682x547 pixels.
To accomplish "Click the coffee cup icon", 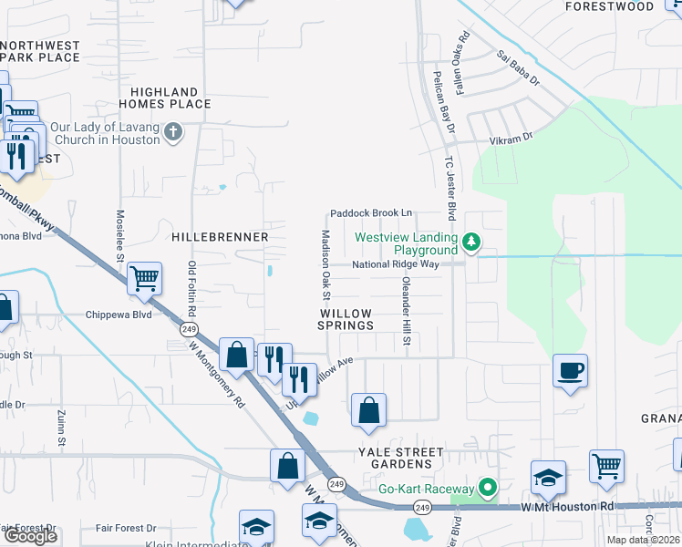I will pos(570,370).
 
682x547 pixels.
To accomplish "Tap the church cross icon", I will pos(172,133).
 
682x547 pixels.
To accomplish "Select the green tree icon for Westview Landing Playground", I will pos(471,242).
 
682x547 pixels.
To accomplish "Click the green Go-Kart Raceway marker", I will pos(487,489).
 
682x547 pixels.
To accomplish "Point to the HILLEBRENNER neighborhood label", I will pos(220,237).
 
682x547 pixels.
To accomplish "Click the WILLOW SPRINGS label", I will pos(346,319).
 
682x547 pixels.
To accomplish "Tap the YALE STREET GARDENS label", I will pos(400,458).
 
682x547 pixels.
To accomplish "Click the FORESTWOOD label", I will pos(610,6).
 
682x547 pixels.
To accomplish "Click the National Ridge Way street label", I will pos(396,264).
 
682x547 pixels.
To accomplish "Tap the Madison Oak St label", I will pos(325,263).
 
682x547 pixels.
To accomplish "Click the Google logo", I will pos(31,536).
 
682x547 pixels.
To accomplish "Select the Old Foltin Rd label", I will pos(192,286).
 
